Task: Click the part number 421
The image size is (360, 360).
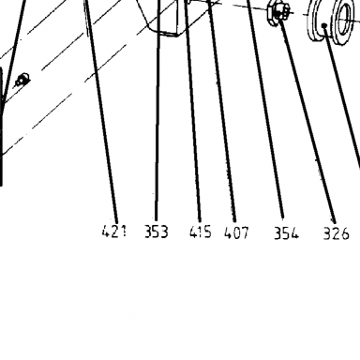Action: (x=114, y=232)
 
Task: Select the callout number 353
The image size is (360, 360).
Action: (x=157, y=232)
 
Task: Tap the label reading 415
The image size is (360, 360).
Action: (x=201, y=232)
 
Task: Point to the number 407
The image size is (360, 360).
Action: (x=236, y=232)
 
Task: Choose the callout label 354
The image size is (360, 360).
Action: (x=286, y=233)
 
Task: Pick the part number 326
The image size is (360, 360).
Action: (x=336, y=233)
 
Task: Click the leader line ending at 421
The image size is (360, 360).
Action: (x=101, y=111)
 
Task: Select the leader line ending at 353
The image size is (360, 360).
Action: (x=157, y=111)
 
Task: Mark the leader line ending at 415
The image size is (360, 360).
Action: (x=192, y=111)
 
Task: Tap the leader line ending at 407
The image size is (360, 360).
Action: (x=222, y=111)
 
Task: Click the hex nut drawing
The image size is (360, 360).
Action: (x=277, y=13)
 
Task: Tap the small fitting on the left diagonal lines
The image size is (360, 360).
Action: (x=22, y=80)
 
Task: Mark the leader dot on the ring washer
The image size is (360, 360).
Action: (x=325, y=25)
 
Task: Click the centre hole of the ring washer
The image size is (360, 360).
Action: (x=344, y=19)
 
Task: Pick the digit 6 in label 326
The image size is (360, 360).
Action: (x=344, y=234)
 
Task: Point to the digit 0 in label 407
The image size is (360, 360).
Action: (x=236, y=232)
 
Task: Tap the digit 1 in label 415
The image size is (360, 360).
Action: (x=201, y=232)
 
